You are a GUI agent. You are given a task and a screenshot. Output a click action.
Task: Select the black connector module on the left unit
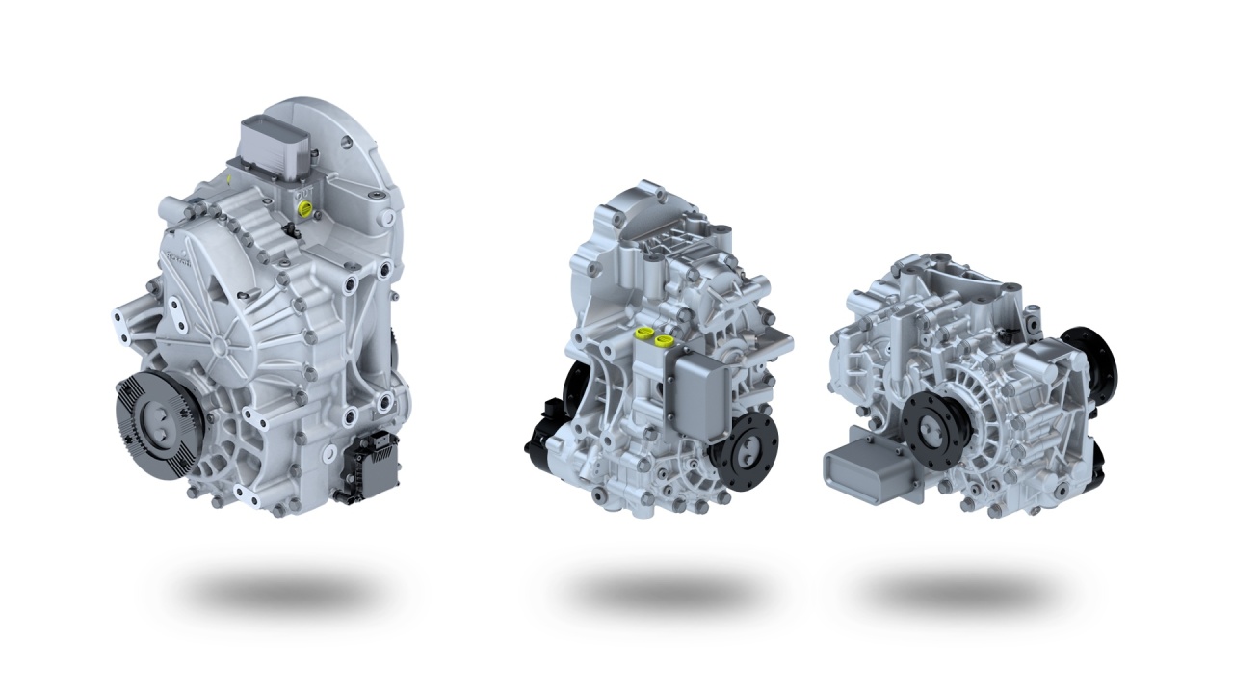(369, 465)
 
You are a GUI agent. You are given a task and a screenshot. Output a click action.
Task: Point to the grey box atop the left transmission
(275, 143)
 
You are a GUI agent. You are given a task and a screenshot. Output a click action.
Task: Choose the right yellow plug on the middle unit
(663, 339)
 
